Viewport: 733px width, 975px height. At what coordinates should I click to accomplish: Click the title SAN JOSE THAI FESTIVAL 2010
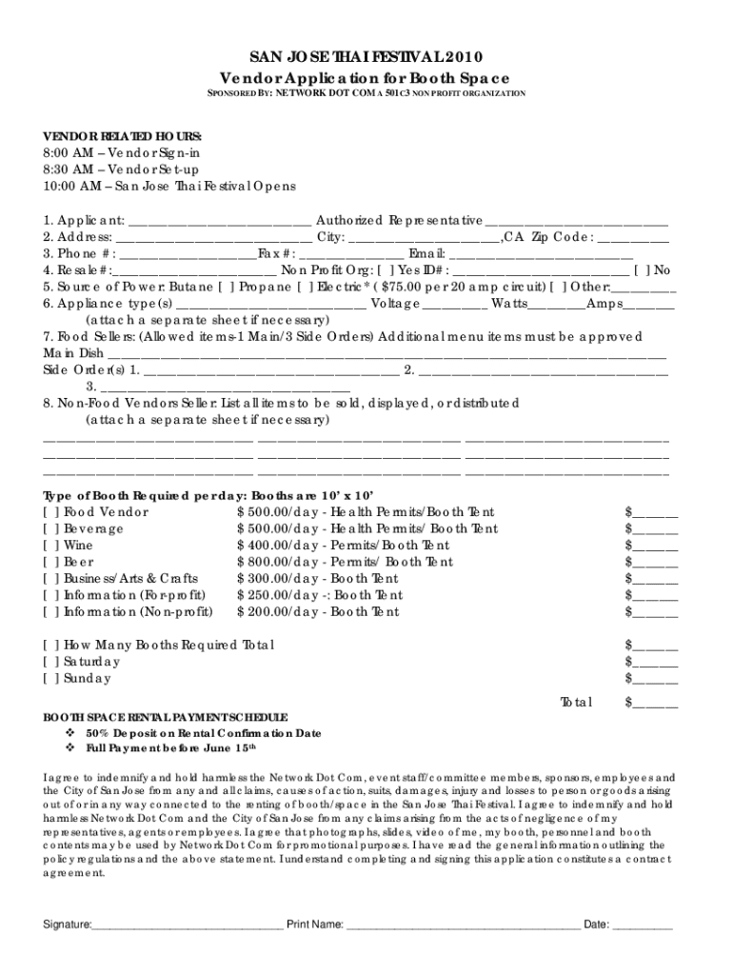click(366, 57)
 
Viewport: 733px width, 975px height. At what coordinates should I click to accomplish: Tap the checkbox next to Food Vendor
click(50, 512)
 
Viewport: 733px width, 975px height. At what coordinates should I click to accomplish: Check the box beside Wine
click(50, 546)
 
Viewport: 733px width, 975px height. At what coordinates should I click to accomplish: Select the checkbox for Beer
click(50, 563)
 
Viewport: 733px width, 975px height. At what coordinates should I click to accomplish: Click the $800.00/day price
click(278, 563)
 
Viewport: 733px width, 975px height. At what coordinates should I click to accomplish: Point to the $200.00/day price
click(278, 612)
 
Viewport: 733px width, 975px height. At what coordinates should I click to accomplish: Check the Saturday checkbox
click(50, 662)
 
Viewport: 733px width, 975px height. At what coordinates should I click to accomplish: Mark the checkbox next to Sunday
click(50, 679)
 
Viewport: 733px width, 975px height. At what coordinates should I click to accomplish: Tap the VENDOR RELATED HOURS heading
click(122, 136)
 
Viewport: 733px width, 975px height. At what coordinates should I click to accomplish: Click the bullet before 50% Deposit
click(69, 734)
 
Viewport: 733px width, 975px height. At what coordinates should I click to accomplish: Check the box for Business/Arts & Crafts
click(50, 579)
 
